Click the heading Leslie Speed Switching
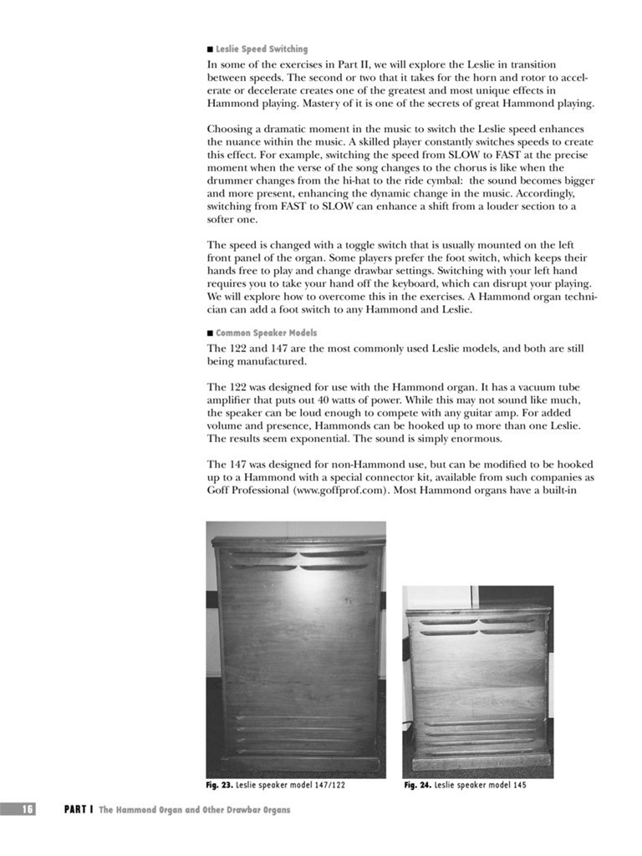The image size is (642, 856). pyautogui.click(x=262, y=49)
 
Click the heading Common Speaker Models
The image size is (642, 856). pyautogui.click(x=266, y=333)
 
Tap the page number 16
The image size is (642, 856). pyautogui.click(x=28, y=809)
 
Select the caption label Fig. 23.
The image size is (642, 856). pyautogui.click(x=220, y=786)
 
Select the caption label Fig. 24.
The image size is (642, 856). pyautogui.click(x=417, y=786)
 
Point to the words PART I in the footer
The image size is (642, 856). pyautogui.click(x=79, y=809)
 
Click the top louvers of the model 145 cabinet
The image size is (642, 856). pyautogui.click(x=477, y=626)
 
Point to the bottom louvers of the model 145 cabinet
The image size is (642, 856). pyautogui.click(x=477, y=736)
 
